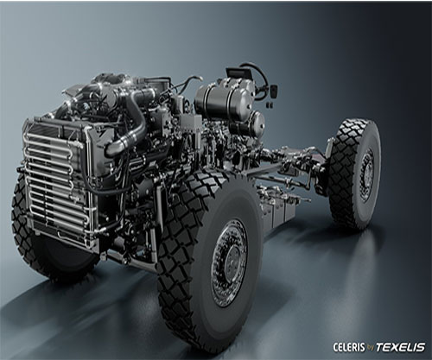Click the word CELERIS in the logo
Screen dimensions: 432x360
tap(349, 347)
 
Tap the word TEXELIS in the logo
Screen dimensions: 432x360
tap(401, 347)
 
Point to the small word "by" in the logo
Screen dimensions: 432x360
tap(370, 348)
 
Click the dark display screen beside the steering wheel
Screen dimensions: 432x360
tap(235, 73)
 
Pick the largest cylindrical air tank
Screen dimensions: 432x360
tap(222, 102)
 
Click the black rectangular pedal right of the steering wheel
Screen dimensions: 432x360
tap(273, 91)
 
